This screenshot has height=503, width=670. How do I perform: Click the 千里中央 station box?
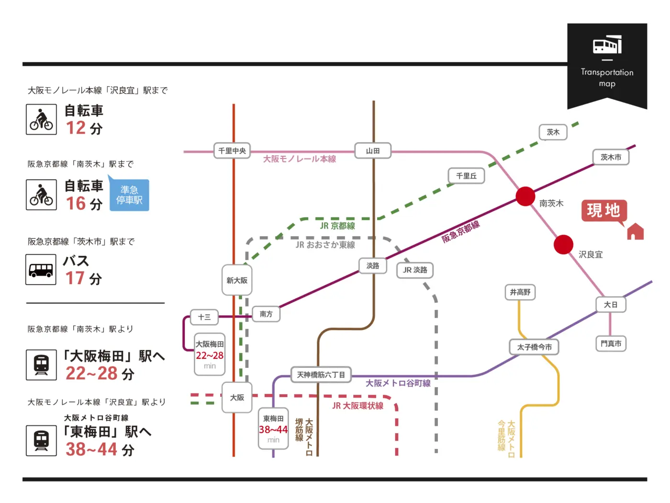232,151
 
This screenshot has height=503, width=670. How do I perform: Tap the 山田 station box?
373,151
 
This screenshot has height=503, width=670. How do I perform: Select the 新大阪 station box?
237,280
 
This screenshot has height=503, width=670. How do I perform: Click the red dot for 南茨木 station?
525,196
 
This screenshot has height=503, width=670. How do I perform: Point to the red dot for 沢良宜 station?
563,245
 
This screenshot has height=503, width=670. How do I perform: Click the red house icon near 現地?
635,231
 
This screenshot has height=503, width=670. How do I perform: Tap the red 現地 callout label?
603,210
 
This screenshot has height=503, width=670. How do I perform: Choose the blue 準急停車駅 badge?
129,195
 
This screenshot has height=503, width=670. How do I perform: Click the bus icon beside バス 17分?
41,270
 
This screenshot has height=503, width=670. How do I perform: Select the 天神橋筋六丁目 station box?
321,375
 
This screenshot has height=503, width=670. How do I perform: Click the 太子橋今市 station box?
534,347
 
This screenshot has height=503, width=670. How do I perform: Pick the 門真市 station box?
611,343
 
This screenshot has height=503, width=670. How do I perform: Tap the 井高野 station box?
520,292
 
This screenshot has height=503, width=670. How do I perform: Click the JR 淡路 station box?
415,270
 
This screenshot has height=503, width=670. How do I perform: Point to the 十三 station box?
204,317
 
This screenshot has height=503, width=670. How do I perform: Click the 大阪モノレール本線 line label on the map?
300,159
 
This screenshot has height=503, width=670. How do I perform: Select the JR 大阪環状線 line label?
358,406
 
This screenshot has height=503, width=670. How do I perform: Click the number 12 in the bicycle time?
76,128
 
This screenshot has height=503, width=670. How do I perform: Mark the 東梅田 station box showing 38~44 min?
273,429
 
